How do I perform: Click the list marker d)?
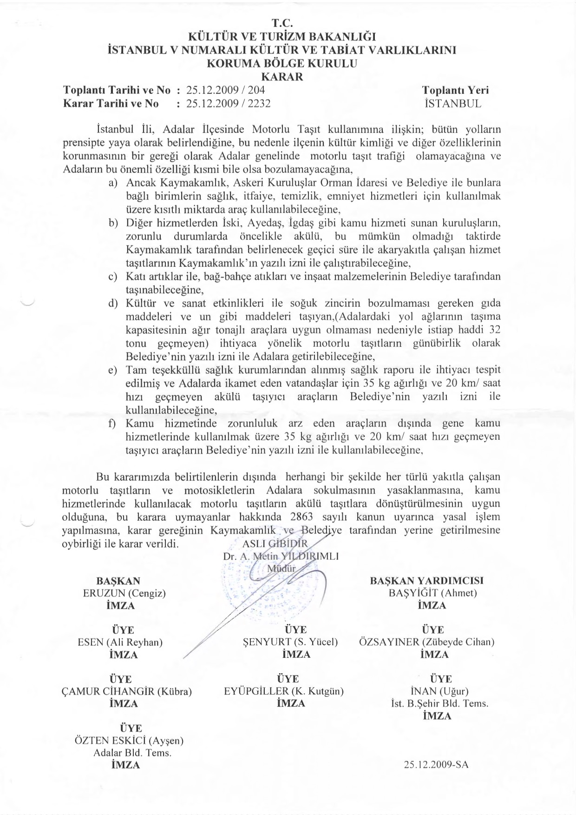pos(112,304)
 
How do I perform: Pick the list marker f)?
pos(112,424)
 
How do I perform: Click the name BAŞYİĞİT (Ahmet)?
pos(432,593)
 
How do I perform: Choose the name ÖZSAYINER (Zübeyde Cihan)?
pos(426,642)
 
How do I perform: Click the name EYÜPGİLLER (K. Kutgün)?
pos(283,691)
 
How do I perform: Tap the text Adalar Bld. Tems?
pos(132,753)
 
